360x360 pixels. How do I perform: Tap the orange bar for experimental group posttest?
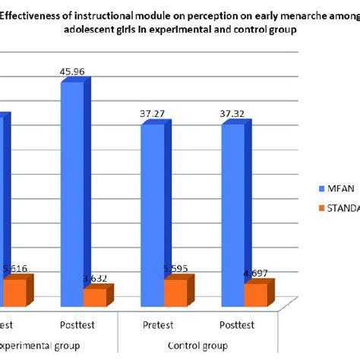[x=95, y=298]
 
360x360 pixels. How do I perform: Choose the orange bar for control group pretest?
[x=175, y=293]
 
